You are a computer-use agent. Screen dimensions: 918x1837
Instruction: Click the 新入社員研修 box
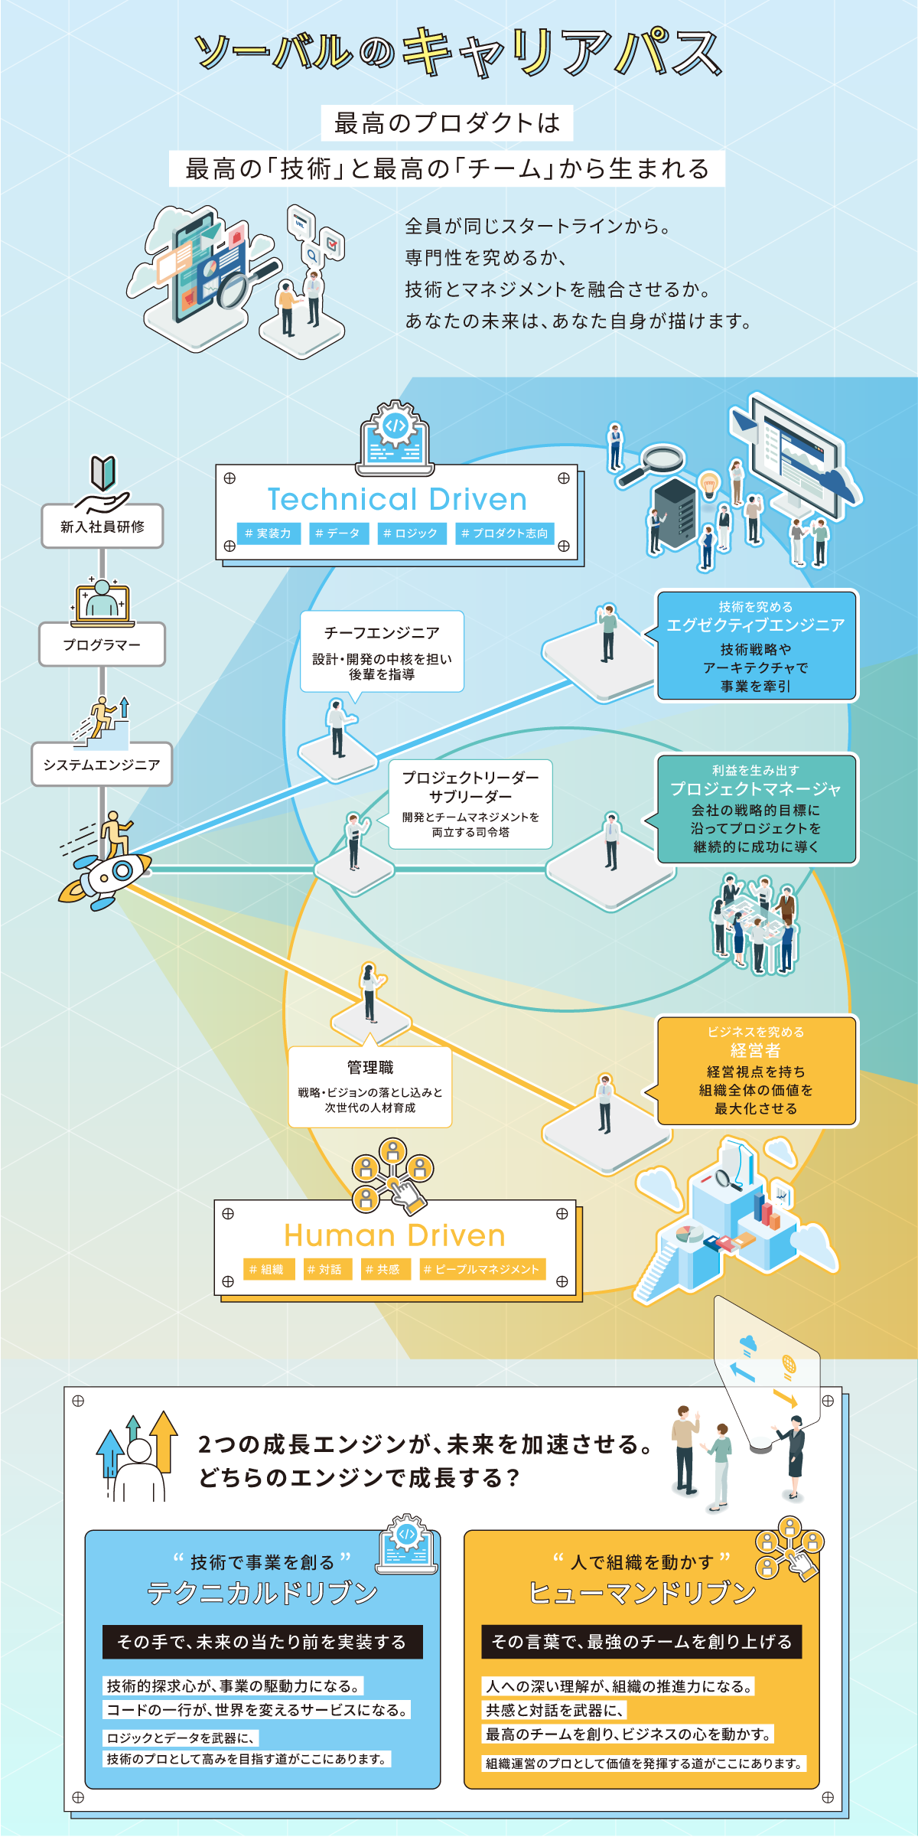[103, 526]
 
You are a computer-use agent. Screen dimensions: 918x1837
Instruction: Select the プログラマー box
[103, 644]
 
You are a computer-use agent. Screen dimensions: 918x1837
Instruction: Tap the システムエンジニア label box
[102, 764]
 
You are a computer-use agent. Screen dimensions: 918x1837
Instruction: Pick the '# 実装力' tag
[269, 533]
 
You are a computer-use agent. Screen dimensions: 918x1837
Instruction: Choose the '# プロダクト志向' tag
[505, 533]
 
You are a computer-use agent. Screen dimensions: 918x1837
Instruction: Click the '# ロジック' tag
[411, 533]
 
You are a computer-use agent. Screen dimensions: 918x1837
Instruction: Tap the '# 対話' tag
[327, 1269]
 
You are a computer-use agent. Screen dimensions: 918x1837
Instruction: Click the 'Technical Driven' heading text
[397, 499]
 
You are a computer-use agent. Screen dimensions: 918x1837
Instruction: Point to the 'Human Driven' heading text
[395, 1235]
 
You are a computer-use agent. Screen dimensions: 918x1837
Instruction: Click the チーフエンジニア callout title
[382, 633]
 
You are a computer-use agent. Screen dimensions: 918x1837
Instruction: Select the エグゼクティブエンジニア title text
[756, 625]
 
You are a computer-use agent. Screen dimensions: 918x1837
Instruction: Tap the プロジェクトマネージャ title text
[756, 789]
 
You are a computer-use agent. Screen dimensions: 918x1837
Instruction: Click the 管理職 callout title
[370, 1067]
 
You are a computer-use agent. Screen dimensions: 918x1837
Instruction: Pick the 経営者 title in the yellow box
[756, 1050]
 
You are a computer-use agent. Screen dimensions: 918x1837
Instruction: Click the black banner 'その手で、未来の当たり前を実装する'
[262, 1642]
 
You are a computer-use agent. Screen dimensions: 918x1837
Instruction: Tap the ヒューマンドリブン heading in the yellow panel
[643, 1593]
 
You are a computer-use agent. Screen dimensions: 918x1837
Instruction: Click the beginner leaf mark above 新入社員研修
[103, 472]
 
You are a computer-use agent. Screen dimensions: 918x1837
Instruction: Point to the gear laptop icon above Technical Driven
[395, 435]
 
